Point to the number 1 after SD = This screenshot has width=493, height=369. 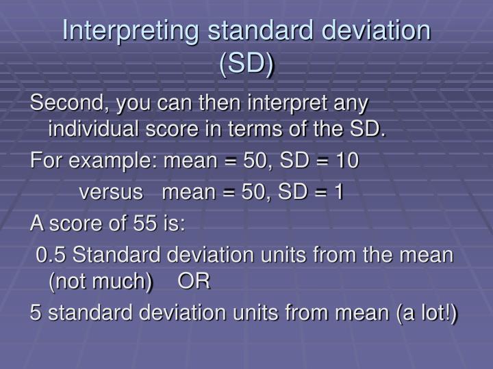pyautogui.click(x=338, y=193)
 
